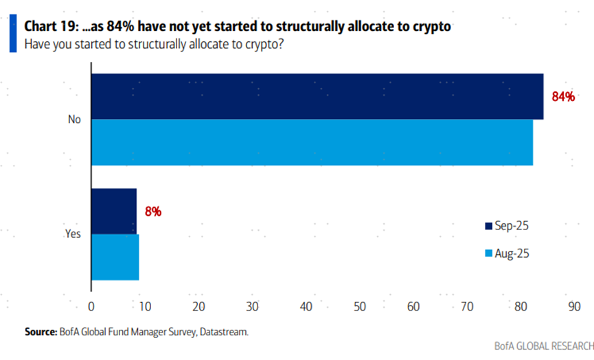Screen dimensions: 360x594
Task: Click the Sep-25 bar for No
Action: point(317,96)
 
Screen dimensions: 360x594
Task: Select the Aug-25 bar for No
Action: point(312,142)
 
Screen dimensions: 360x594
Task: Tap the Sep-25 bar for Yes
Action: point(114,212)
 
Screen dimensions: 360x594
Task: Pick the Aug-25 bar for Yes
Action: point(115,257)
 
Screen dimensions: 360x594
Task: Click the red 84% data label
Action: point(563,97)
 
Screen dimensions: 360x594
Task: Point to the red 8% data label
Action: point(152,212)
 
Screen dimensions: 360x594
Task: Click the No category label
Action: point(75,120)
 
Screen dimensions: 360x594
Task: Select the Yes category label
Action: point(73,234)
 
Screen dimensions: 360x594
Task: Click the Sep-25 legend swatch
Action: point(489,226)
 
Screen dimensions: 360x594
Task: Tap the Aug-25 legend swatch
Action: point(489,254)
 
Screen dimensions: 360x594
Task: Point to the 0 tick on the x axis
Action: point(91,306)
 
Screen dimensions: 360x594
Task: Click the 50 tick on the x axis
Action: point(359,306)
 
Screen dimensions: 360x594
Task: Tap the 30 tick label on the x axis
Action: point(252,306)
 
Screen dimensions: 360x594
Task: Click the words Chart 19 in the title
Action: point(49,27)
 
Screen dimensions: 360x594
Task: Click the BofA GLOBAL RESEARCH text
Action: point(543,346)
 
